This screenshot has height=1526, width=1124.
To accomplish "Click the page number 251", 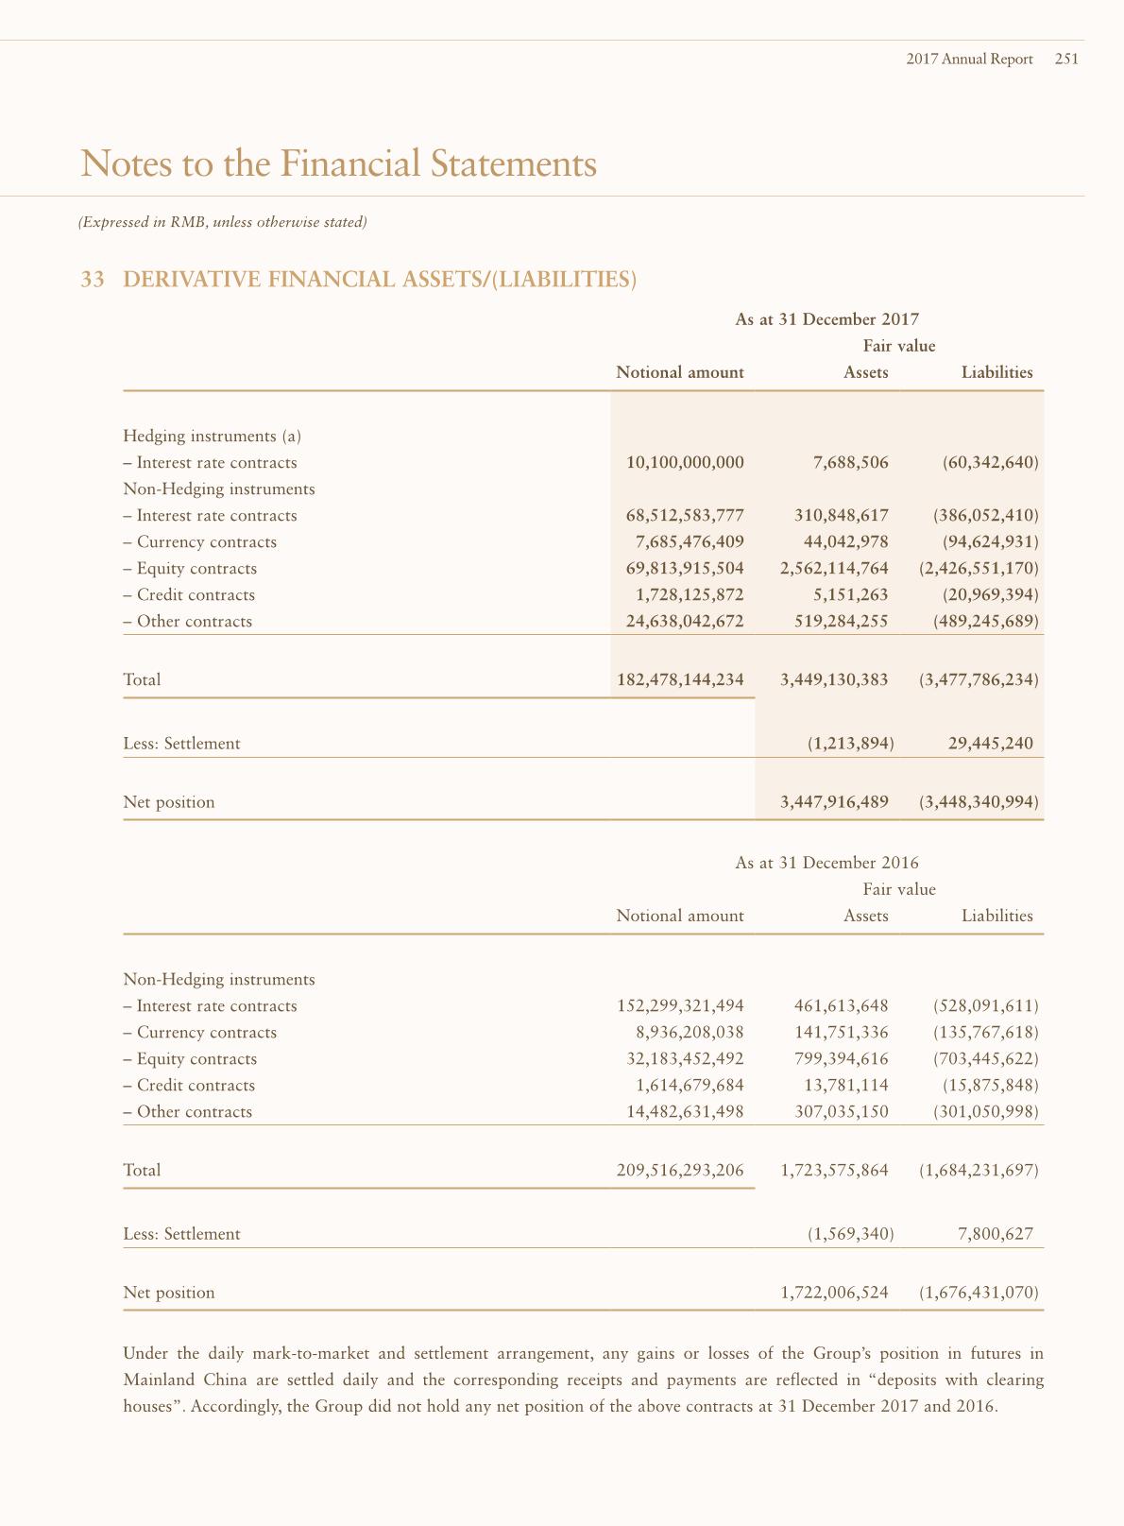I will point(1066,59).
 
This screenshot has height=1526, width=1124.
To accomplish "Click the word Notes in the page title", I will point(122,163).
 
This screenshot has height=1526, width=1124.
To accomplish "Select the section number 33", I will point(93,280).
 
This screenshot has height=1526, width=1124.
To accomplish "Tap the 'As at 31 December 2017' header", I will point(826,319).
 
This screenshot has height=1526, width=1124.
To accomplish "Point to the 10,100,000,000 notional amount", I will point(685,463).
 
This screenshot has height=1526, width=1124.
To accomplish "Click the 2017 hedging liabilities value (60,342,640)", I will point(990,463).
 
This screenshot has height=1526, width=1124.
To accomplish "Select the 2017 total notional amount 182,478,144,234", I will point(680,680).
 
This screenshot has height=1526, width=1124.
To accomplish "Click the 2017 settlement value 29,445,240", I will point(990,744).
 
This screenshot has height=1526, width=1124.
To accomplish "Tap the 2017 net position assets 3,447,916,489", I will point(834,802).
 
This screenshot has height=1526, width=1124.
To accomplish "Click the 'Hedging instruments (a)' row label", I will point(212,437).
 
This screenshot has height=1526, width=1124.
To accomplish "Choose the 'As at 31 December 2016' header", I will point(826,863).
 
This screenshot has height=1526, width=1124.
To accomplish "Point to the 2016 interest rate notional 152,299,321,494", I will point(680,1006).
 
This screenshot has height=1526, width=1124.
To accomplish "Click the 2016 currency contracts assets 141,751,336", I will point(834,1033).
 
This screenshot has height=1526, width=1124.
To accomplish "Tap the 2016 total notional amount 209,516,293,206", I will point(680,1171).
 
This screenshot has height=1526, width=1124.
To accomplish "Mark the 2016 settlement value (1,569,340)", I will point(850,1234).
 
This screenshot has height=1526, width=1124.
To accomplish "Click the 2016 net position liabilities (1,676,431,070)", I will point(979,1293).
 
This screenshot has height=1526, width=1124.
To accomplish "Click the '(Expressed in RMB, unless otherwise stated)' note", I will point(222,223).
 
